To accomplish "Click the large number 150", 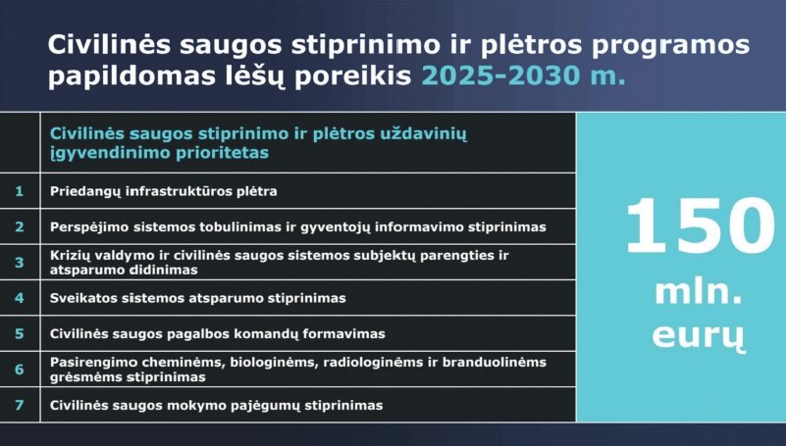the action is (701, 225).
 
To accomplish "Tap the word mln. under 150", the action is (699, 292).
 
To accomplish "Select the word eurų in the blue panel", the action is (699, 335).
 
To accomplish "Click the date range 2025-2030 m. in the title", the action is (524, 75).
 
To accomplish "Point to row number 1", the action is (19, 191).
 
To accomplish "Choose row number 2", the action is (19, 226).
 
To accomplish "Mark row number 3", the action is (19, 263).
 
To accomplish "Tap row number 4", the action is (19, 298).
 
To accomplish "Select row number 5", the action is (19, 333).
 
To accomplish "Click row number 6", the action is (19, 370).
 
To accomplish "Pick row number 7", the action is (19, 405).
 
